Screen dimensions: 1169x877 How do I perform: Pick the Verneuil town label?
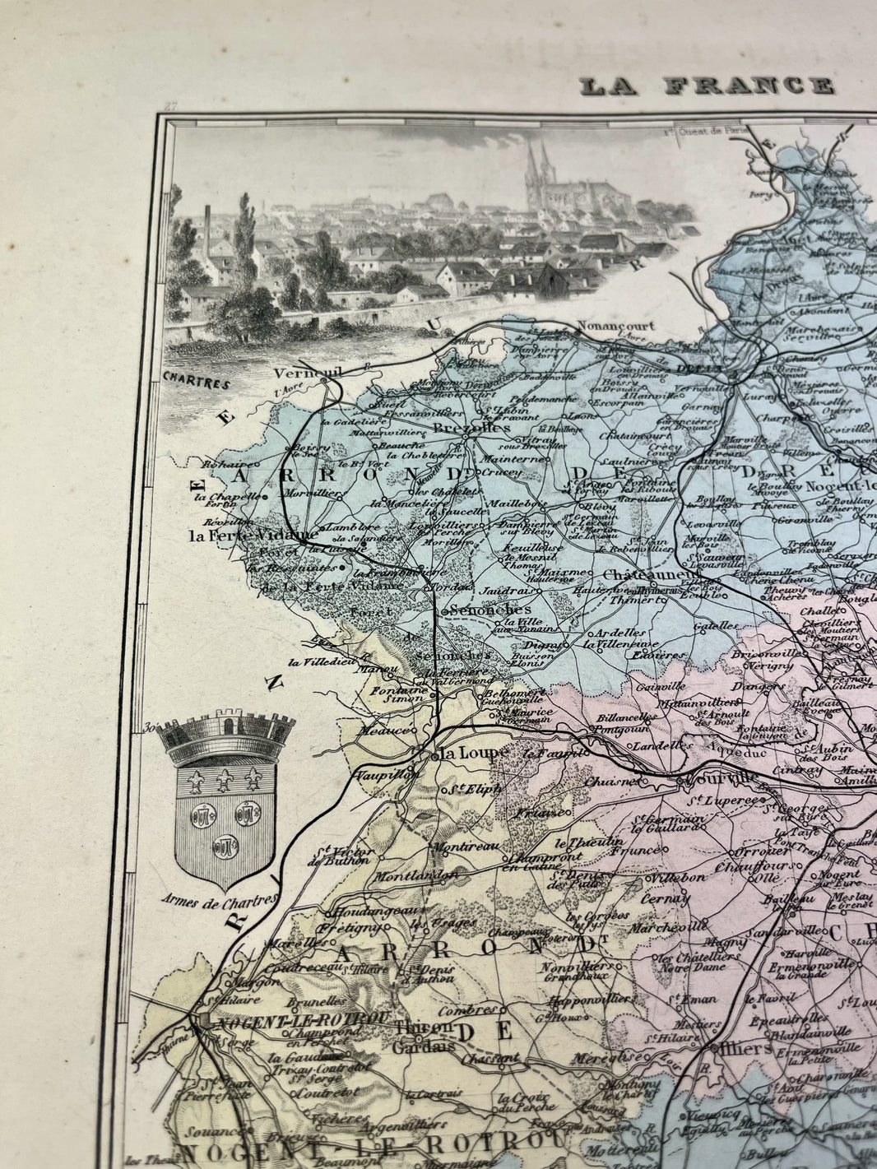point(299,372)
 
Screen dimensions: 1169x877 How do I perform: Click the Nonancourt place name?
point(616,325)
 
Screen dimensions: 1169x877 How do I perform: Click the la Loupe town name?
point(462,753)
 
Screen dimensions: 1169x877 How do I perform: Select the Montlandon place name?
point(417,876)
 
